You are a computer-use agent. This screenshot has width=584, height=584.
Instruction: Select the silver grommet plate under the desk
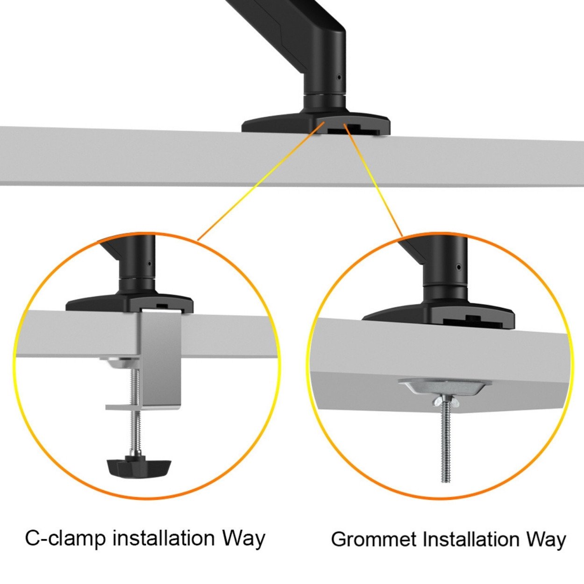pos(445,387)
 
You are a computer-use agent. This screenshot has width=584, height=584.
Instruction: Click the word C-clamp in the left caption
pos(65,538)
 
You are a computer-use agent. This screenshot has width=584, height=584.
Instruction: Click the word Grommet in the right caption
pos(373,539)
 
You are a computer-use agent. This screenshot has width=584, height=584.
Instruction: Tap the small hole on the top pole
pos(339,78)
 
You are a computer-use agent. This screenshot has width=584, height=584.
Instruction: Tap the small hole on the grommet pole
pos(458,267)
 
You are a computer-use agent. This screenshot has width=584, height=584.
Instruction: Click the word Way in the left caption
pos(243,538)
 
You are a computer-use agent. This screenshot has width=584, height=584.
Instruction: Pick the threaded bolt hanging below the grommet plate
pos(446,444)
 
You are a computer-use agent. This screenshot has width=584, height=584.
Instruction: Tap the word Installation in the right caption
pos(472,539)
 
